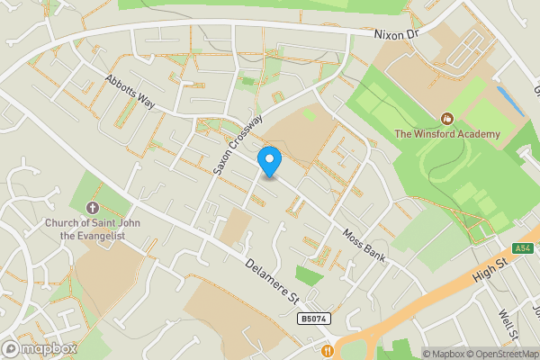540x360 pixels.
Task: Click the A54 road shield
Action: (x=523, y=248)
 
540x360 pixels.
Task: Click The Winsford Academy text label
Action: (x=447, y=134)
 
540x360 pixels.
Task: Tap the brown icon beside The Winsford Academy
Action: (x=445, y=118)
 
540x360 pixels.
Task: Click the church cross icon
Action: (x=97, y=193)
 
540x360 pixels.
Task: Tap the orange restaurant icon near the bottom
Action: (x=328, y=351)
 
